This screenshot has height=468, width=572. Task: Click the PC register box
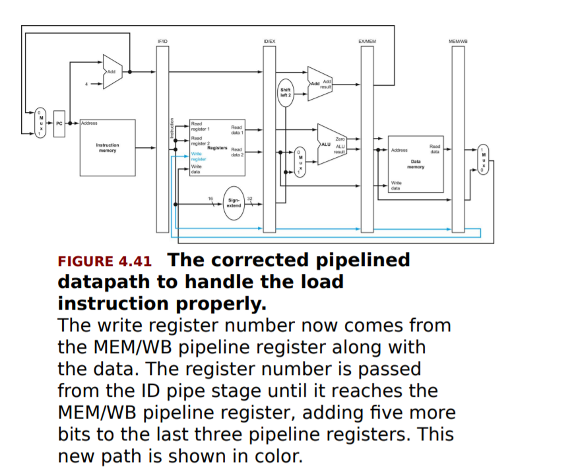tap(59, 123)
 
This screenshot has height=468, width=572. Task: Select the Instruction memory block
tap(108, 148)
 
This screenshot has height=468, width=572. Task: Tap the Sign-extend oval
tap(234, 202)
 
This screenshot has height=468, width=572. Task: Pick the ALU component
tap(332, 145)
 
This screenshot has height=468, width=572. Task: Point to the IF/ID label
tap(162, 42)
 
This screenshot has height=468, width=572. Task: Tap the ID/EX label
tap(269, 42)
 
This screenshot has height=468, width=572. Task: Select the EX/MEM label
tap(367, 42)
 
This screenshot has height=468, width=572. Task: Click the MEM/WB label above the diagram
tap(458, 42)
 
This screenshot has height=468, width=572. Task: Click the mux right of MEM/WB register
tap(484, 159)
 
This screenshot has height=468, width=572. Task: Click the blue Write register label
tap(199, 156)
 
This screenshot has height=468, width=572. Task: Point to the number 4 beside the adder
tap(86, 84)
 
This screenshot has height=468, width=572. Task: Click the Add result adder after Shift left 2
tap(321, 84)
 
